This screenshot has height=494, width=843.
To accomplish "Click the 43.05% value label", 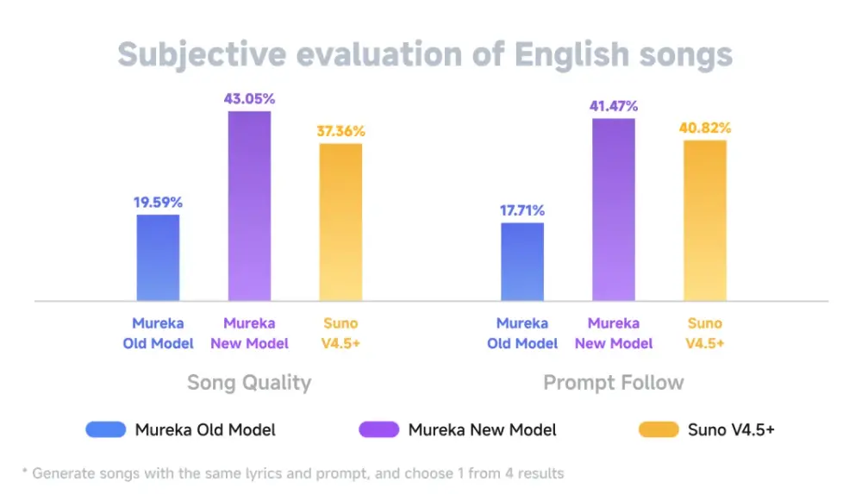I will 249,98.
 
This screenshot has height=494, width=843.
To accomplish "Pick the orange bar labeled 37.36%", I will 340,222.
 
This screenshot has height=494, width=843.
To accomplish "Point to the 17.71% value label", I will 522,210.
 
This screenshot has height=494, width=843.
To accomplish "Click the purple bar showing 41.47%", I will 614,209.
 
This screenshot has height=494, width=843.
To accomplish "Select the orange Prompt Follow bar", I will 705,220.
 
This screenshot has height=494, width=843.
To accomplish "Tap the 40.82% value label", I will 705,128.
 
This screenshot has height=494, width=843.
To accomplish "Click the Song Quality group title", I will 249,382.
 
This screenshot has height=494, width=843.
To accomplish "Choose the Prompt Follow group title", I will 614,382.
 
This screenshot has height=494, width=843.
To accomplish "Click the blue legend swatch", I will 106,429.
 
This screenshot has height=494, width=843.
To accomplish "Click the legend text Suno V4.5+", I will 731,429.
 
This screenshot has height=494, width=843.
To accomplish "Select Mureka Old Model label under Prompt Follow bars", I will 522,333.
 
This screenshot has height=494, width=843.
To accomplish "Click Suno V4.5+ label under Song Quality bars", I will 340,333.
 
